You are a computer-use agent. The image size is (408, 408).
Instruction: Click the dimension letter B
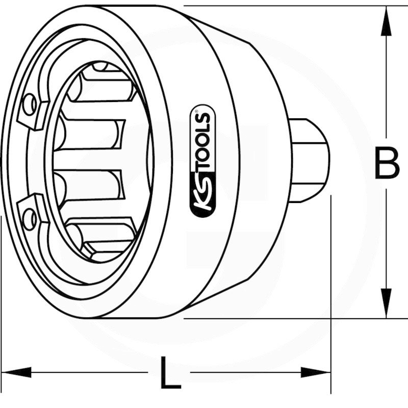pyautogui.click(x=387, y=163)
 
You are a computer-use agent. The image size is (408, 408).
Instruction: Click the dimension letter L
pyautogui.click(x=170, y=372)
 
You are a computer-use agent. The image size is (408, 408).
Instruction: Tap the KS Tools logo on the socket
pyautogui.click(x=203, y=161)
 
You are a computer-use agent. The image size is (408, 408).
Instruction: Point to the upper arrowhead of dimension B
pyautogui.click(x=386, y=21)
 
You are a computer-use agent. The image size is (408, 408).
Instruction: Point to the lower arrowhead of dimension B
pyautogui.click(x=386, y=303)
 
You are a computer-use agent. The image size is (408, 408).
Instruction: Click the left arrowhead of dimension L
pyautogui.click(x=16, y=372)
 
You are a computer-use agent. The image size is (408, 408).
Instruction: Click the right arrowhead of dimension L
pyautogui.click(x=316, y=372)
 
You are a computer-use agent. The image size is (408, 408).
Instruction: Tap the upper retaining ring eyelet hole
pyautogui.click(x=30, y=105)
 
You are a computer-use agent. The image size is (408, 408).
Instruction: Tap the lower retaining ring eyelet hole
pyautogui.click(x=30, y=219)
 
